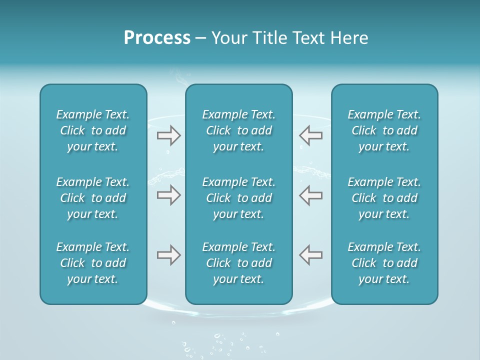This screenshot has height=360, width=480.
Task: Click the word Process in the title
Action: (x=157, y=38)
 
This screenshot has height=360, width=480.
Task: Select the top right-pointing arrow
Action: (x=168, y=135)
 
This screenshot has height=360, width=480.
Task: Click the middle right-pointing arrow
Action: (x=168, y=195)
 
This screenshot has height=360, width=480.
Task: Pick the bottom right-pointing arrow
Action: (x=168, y=255)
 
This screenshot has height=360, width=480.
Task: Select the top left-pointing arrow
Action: (x=310, y=135)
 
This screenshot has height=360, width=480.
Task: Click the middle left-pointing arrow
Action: (x=310, y=195)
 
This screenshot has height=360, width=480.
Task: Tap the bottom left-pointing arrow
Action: (x=310, y=255)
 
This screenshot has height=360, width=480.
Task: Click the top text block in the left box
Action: (x=93, y=130)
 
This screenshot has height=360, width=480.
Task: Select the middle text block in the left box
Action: (x=93, y=198)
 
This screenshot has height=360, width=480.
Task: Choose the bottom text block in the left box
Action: (x=93, y=263)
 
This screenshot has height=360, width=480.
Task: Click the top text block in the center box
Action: (x=238, y=130)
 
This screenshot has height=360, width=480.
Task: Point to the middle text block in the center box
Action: (x=238, y=198)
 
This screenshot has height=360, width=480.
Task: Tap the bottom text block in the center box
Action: (x=238, y=263)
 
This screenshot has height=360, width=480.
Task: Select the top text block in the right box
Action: (x=384, y=130)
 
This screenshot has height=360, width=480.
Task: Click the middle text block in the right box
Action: (x=384, y=198)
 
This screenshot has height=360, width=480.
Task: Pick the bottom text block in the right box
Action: (x=384, y=263)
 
